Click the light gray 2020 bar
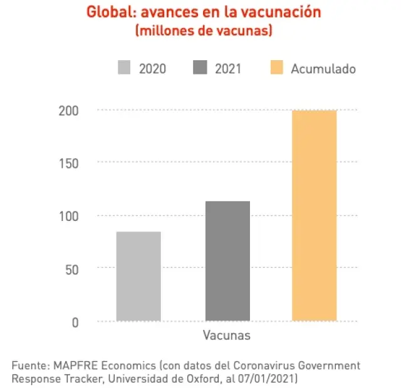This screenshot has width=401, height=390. click(x=138, y=276)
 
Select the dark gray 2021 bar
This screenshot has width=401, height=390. click(x=227, y=261)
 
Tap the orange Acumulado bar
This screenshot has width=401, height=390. click(x=315, y=215)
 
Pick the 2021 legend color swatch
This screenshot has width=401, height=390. click(x=200, y=68)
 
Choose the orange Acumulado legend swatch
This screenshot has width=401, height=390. click(x=276, y=68)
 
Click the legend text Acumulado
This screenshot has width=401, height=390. click(x=323, y=69)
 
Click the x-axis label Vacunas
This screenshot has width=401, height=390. click(x=226, y=336)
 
